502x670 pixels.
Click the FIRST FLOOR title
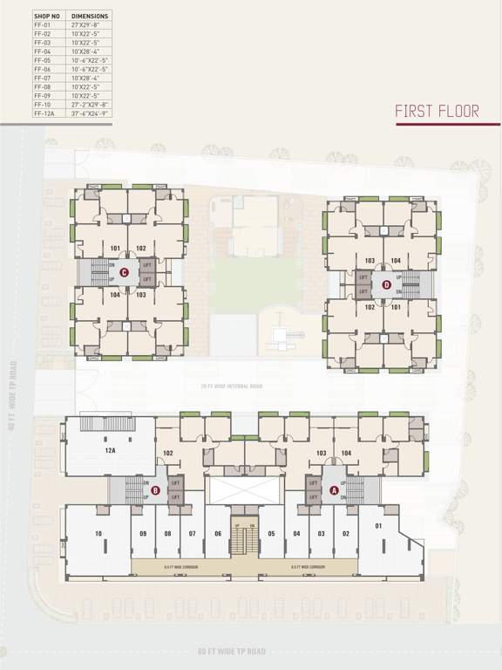click(437, 111)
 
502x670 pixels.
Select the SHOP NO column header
click(47, 16)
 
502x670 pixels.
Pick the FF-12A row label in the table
click(44, 113)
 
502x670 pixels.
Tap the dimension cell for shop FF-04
click(87, 51)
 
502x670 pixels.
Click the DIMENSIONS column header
click(90, 16)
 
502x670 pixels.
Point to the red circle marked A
click(334, 490)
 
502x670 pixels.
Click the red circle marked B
click(154, 490)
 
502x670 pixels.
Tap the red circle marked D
click(387, 284)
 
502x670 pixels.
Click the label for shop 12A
click(110, 451)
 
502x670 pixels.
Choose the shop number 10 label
click(98, 533)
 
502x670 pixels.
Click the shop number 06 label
click(218, 533)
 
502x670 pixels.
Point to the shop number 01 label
click(378, 525)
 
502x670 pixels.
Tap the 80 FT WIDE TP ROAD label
click(231, 651)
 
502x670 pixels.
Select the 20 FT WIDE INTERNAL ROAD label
click(232, 384)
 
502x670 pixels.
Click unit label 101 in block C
click(115, 248)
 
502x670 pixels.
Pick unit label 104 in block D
click(396, 261)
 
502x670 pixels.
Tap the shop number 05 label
click(272, 533)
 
